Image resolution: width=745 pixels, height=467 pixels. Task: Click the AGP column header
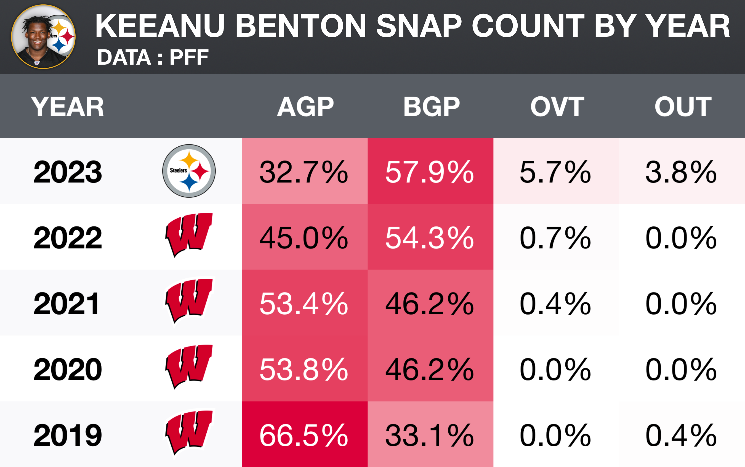pos(305,107)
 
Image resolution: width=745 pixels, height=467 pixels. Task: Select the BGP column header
pos(432,107)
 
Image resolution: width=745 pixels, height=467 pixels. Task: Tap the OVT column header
pos(557,107)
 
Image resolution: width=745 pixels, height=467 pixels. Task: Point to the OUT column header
pos(683,107)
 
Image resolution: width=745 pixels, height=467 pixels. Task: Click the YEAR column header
pos(67,107)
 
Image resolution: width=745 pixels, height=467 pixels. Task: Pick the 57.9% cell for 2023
pos(430,172)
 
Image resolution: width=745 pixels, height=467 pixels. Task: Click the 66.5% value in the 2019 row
pos(304,435)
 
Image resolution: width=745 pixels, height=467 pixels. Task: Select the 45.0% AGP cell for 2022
pos(304,238)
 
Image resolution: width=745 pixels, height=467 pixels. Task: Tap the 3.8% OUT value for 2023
pos(681,172)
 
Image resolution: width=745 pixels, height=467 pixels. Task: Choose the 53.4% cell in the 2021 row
pos(304,304)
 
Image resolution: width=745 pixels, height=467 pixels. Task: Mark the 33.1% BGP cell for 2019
pos(430,435)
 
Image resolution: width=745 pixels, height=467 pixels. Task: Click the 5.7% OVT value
pos(555,172)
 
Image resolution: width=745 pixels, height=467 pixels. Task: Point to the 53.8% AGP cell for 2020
pos(304,370)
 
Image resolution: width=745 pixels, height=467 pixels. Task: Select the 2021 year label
pos(67,304)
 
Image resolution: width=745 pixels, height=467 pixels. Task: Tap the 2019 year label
pos(68,435)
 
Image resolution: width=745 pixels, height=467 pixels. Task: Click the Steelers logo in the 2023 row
pos(189,171)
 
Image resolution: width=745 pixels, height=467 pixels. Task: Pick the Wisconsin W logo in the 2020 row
pos(189,366)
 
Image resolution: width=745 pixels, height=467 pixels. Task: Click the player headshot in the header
pos(43,37)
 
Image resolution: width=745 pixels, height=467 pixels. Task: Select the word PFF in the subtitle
pos(189,57)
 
